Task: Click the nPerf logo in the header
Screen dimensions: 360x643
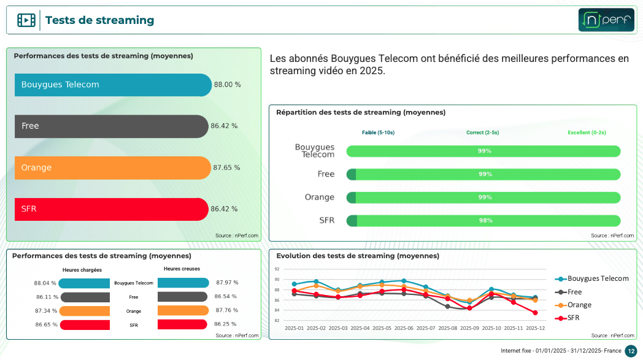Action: pos(606,20)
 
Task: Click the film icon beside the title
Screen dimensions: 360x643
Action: pos(26,20)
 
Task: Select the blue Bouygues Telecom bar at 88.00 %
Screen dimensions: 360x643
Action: pos(113,85)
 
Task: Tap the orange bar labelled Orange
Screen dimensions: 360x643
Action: pos(112,167)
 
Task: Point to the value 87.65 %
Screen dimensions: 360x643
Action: pos(226,167)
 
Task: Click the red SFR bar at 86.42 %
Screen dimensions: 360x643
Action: pos(111,209)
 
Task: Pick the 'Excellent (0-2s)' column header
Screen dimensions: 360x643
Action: pos(587,132)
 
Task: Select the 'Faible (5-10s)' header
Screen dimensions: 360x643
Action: pos(378,132)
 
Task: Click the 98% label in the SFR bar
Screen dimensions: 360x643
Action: pos(485,221)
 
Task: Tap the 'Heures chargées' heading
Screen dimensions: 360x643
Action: pos(82,270)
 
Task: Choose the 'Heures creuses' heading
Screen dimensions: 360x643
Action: pos(182,269)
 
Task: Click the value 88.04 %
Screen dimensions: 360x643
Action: pos(45,283)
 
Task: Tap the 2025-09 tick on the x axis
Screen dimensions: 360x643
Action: pos(469,328)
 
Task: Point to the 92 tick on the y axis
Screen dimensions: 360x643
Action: pos(277,269)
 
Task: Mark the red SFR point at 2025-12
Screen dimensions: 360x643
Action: pos(536,313)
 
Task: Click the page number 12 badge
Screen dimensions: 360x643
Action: pos(631,351)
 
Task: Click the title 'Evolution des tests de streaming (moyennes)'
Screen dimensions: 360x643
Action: pos(358,256)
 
